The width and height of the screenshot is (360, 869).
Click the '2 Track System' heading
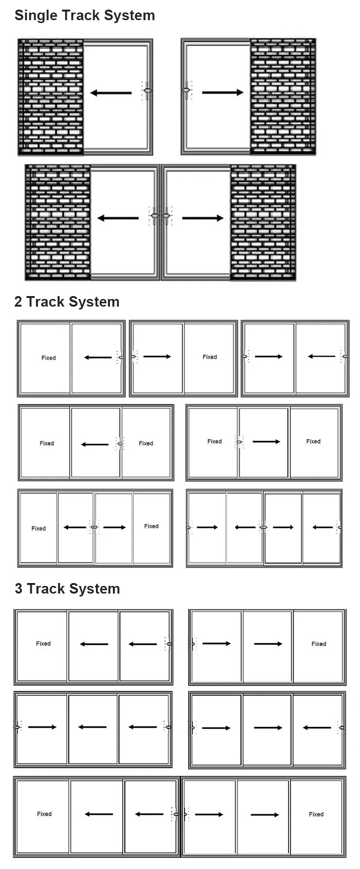coord(67,302)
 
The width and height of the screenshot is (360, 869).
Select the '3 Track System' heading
coord(67,589)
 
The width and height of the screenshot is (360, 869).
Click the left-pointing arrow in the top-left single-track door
coord(111,93)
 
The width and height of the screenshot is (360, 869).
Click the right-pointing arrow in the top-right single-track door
coord(223,92)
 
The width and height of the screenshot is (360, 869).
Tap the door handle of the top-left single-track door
coord(147,90)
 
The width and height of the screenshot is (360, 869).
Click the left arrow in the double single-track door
coord(118,218)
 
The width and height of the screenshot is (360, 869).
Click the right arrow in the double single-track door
coord(203,218)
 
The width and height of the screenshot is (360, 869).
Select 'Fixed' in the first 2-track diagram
coord(48,358)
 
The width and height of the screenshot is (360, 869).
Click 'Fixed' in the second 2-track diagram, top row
coord(210,357)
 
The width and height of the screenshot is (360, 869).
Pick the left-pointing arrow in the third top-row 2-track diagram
coord(322,357)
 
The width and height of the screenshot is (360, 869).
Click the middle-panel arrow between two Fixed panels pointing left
coord(95,444)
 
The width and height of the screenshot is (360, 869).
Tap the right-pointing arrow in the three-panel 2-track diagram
coord(266,441)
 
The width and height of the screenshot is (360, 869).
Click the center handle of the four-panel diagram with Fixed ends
coord(94,527)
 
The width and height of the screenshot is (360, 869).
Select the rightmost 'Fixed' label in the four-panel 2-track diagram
coord(151,526)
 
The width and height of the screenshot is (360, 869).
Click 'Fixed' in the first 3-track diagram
coord(43,643)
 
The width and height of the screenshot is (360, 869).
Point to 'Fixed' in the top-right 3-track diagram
coord(319,644)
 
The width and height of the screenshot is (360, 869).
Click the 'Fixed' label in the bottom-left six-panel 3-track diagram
coord(44,814)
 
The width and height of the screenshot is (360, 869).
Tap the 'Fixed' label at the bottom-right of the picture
coord(316,814)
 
